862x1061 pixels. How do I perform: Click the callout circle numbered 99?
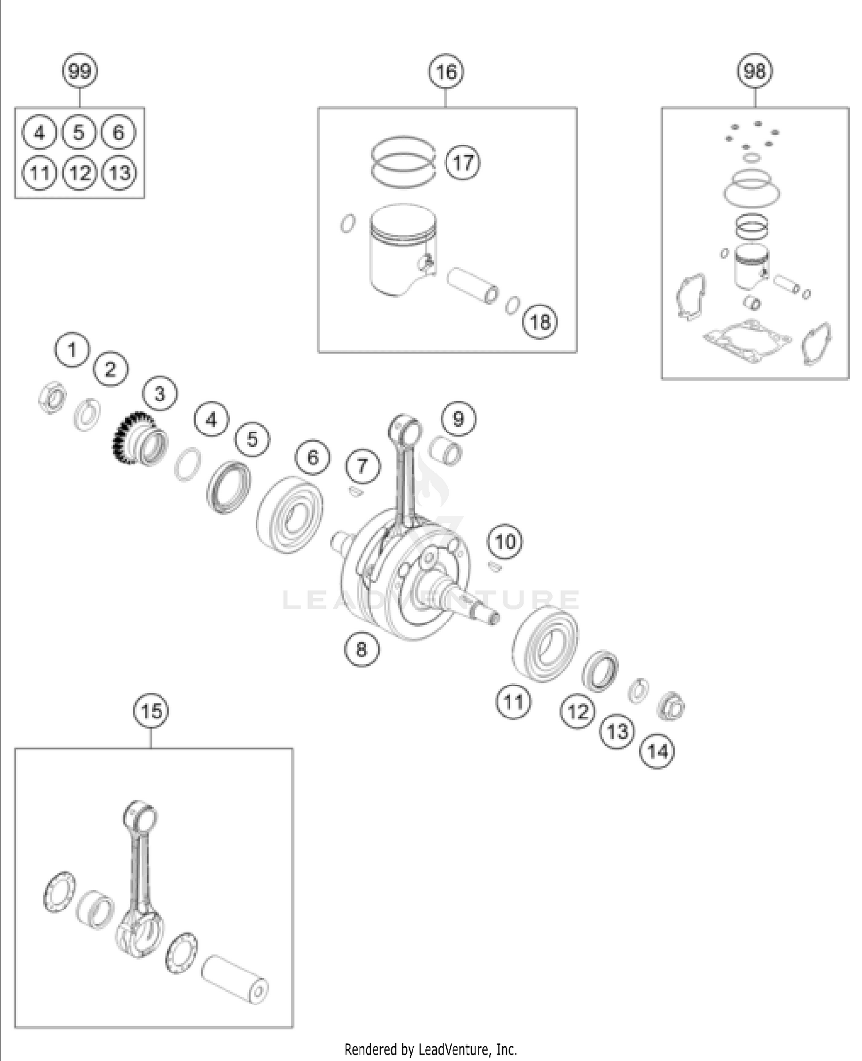click(79, 71)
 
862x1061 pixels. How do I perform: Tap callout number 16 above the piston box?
click(447, 72)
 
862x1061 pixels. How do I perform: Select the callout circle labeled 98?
click(755, 71)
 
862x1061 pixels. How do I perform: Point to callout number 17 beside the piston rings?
click(463, 163)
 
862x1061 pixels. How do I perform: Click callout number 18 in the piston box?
click(540, 322)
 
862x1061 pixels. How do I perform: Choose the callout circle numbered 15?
click(151, 711)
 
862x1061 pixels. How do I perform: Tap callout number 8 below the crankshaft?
click(361, 649)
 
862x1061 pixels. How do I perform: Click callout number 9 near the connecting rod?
click(458, 418)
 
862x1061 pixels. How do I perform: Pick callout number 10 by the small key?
click(505, 541)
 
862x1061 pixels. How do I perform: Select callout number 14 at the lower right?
click(657, 751)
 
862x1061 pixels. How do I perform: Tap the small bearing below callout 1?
click(53, 397)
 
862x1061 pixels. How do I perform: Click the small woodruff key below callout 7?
click(354, 491)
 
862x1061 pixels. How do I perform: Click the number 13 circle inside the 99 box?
click(119, 172)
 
